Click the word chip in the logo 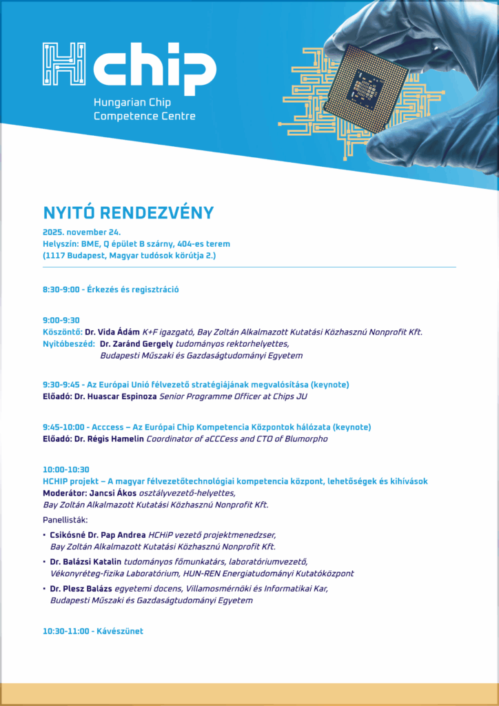point(154,65)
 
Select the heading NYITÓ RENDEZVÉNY point(128,212)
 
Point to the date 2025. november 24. point(81,232)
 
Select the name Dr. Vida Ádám point(112,332)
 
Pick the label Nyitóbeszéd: point(68,343)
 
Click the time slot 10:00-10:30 point(65,469)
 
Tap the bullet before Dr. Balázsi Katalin point(45,561)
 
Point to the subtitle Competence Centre point(144,116)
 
